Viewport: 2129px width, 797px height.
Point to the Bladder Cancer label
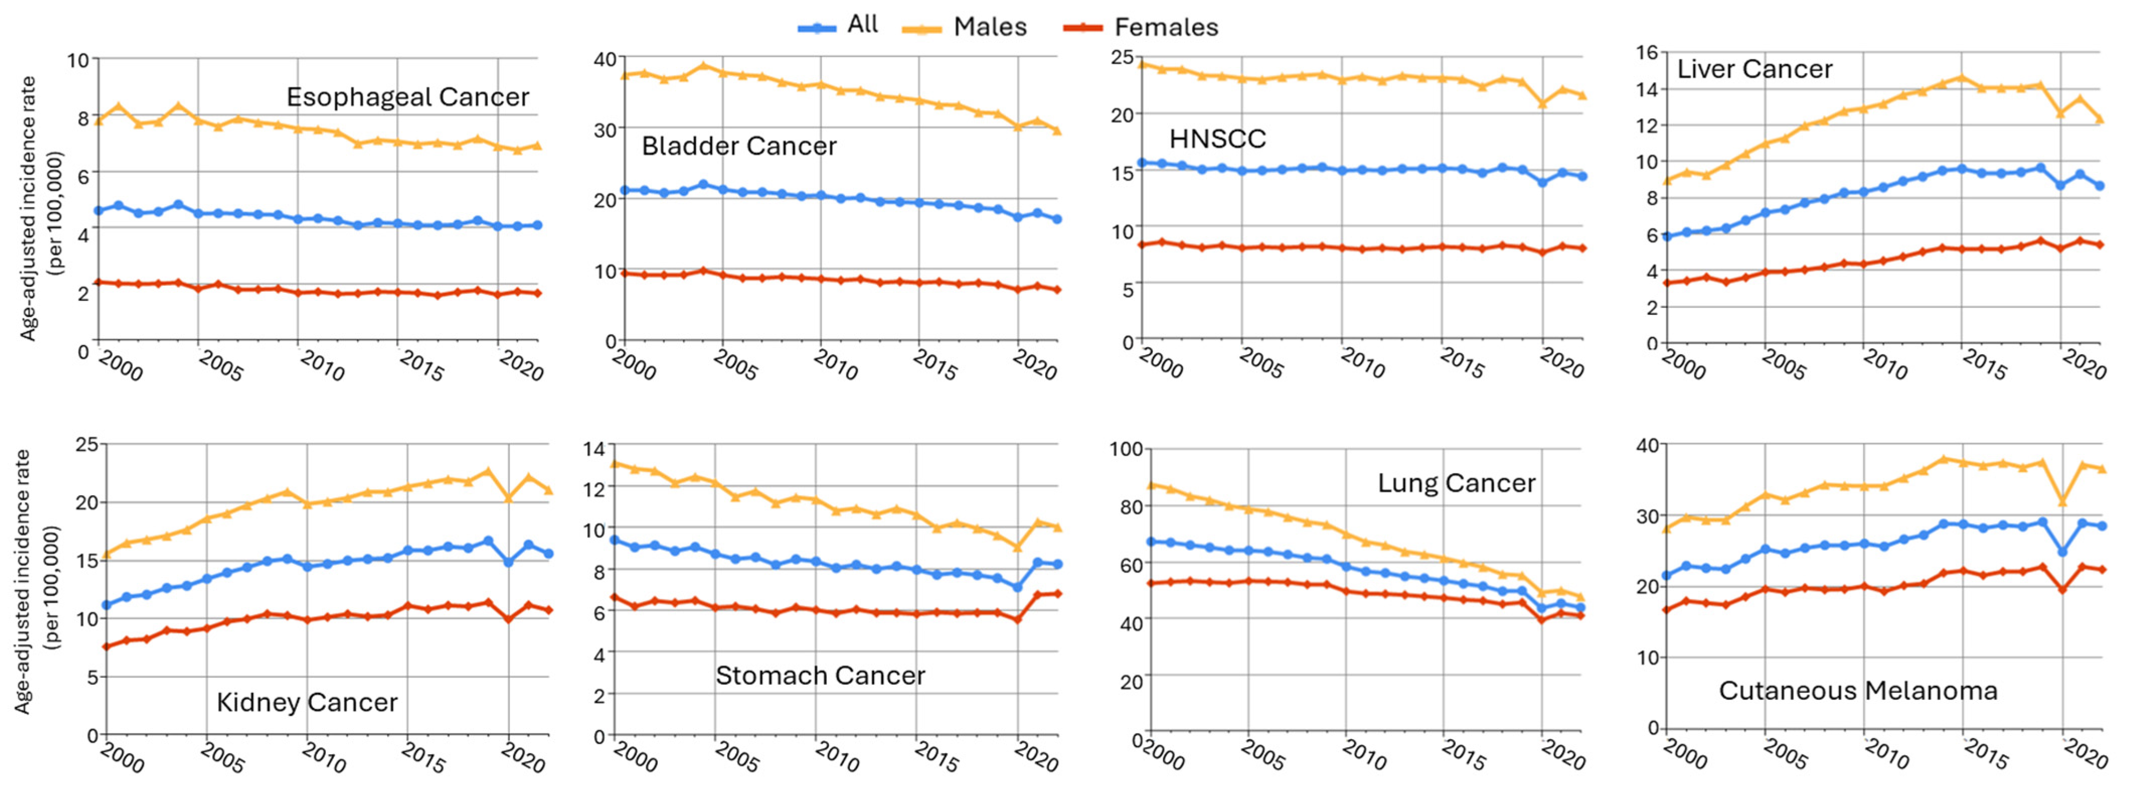pyautogui.click(x=739, y=146)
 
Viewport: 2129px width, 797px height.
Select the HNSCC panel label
pyautogui.click(x=1218, y=139)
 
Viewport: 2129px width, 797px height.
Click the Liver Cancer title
pyautogui.click(x=1754, y=69)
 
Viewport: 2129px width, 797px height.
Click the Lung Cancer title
pyautogui.click(x=1456, y=483)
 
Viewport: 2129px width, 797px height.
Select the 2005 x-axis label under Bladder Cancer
pyautogui.click(x=735, y=365)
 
